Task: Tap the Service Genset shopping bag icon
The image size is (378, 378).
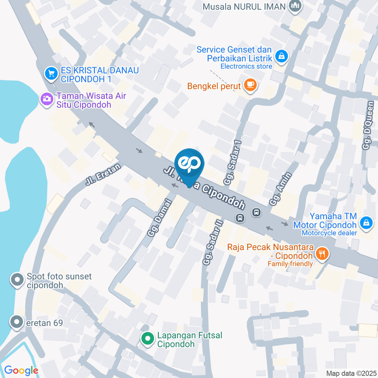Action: point(282,56)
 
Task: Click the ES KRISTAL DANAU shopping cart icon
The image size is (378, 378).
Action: point(50,73)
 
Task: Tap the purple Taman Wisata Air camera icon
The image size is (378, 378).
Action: point(47,99)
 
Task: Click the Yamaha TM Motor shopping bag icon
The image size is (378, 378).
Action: point(367,223)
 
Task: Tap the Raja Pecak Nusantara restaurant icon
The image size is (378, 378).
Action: point(322,254)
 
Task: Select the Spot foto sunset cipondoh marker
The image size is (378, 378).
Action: point(17,280)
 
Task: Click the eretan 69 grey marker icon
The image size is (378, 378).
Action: point(17,322)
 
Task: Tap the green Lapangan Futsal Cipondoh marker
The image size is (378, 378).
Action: point(148,338)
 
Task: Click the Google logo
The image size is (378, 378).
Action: point(21,370)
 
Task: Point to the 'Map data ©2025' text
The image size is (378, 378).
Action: point(350,373)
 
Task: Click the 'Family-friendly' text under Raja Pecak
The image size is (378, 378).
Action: point(291,263)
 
